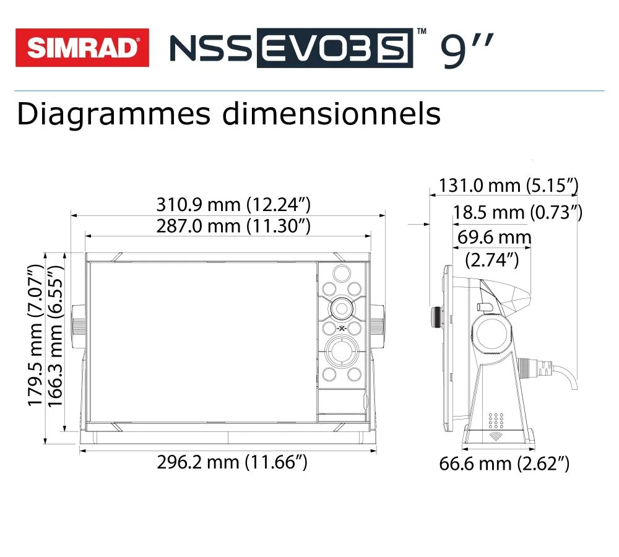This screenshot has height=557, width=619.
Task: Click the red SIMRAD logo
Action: [x=82, y=48]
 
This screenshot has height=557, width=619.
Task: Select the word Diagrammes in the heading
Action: [x=114, y=114]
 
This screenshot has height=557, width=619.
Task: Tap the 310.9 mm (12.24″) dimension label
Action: [x=234, y=204]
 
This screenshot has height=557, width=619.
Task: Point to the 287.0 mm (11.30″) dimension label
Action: [x=234, y=226]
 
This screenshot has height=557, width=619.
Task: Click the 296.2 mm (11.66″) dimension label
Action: [x=232, y=462]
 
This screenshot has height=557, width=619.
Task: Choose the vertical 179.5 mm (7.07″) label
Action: [x=35, y=335]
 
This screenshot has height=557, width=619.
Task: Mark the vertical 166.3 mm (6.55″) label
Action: [x=55, y=335]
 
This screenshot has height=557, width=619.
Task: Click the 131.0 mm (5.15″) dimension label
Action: [x=509, y=186]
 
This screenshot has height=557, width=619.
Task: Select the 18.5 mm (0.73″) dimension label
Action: [x=517, y=212]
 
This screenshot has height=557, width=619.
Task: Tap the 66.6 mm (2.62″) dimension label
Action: [x=504, y=464]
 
